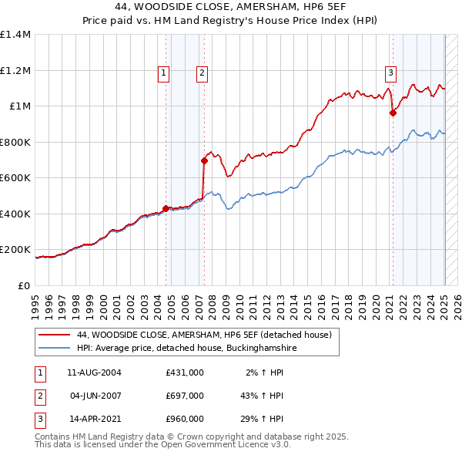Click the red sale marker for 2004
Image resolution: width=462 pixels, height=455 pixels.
[x=166, y=207]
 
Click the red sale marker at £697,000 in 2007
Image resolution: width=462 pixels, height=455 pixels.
[x=204, y=160]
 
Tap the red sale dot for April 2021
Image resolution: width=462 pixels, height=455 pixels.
[x=393, y=113]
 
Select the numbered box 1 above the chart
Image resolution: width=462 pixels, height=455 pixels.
[x=164, y=73]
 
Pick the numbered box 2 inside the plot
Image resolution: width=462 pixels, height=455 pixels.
[x=202, y=73]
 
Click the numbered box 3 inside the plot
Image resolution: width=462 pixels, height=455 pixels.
[x=390, y=73]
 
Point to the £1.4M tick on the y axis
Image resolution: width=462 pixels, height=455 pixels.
[x=16, y=35]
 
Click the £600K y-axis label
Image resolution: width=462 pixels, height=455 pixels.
[x=16, y=178]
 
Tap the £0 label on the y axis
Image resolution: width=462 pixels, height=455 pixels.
[x=23, y=285]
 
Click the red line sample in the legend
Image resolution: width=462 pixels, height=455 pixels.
[x=55, y=335]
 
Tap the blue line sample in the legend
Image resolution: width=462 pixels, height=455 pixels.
[x=55, y=348]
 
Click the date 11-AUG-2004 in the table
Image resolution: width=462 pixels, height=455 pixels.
[x=94, y=372]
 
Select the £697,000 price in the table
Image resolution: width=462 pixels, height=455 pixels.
[x=185, y=396]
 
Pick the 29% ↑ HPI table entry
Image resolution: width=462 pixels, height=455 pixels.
[x=263, y=419]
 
